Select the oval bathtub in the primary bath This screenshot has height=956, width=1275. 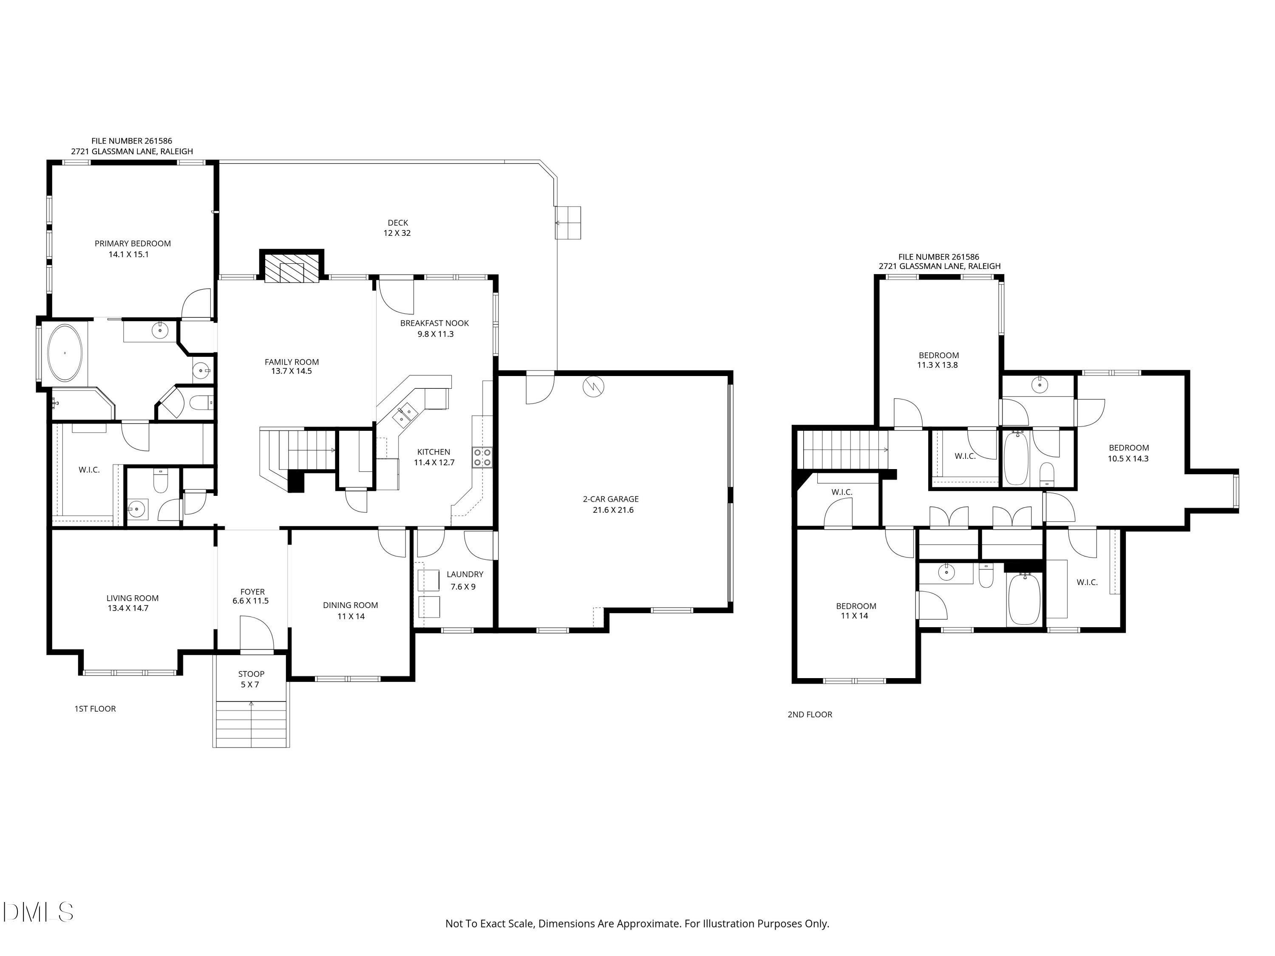click(x=65, y=353)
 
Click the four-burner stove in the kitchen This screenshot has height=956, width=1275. click(x=482, y=457)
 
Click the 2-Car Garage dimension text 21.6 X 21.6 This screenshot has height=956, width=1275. click(x=613, y=510)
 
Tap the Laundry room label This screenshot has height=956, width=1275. click(x=465, y=574)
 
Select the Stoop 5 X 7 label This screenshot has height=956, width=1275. click(x=251, y=679)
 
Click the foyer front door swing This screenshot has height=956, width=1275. click(x=256, y=634)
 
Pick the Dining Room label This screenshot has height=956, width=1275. click(x=351, y=605)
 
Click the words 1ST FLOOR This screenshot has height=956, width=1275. click(x=95, y=709)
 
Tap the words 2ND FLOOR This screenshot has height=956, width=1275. click(x=810, y=715)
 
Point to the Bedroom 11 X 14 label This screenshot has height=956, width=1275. click(x=856, y=611)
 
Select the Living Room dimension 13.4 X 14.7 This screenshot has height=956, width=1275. click(x=128, y=608)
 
